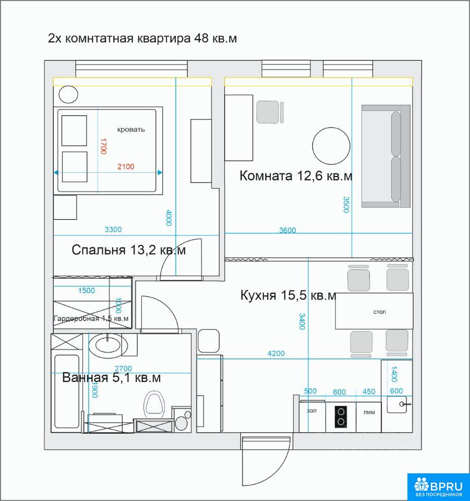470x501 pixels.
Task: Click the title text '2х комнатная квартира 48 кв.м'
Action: (x=142, y=38)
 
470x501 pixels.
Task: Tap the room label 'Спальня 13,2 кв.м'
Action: (x=128, y=250)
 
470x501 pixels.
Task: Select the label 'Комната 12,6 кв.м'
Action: (x=296, y=176)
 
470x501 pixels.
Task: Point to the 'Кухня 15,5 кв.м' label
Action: (x=288, y=295)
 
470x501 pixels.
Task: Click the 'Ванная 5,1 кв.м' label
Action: (x=112, y=378)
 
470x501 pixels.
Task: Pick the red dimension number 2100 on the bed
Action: (x=126, y=166)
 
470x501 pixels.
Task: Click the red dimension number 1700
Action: (x=103, y=146)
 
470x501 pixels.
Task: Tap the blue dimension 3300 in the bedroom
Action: (x=113, y=230)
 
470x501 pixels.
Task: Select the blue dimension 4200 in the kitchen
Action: (x=276, y=353)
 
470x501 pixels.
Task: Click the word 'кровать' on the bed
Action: (x=131, y=129)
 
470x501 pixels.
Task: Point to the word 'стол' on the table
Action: (x=379, y=312)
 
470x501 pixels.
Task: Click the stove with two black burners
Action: (x=341, y=417)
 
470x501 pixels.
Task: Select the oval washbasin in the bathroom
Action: (x=105, y=345)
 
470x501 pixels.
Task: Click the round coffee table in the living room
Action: (x=331, y=146)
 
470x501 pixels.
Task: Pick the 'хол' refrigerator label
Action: (x=311, y=411)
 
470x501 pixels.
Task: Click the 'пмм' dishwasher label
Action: (x=369, y=412)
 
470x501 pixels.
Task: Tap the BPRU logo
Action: (x=438, y=486)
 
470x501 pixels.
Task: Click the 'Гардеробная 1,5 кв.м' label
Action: (x=91, y=318)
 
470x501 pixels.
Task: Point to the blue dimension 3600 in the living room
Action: (x=287, y=230)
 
